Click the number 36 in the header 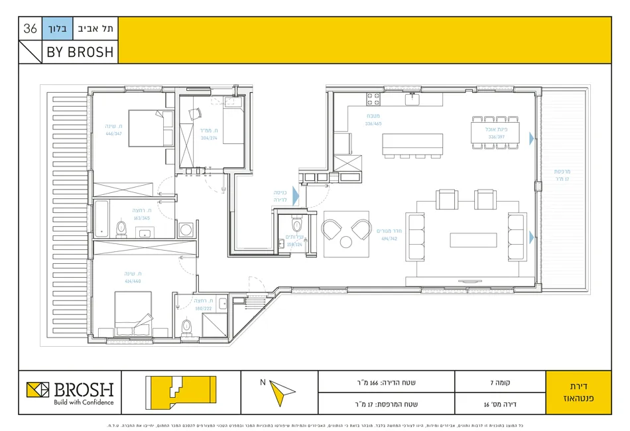tap(31, 29)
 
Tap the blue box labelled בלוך tap(56, 29)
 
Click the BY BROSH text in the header tap(80, 52)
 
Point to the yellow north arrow tap(281, 393)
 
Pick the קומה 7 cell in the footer tap(499, 382)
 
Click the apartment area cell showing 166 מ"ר tap(386, 382)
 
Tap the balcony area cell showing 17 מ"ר tap(386, 403)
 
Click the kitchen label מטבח tap(373, 115)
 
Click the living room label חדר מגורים tap(389, 231)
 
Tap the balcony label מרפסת tap(562, 172)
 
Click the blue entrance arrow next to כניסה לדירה tap(296, 196)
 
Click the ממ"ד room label tap(209, 131)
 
